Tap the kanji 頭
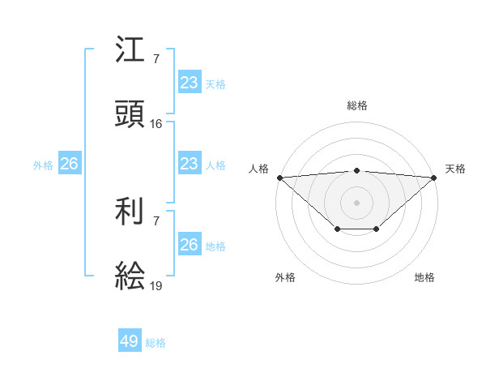pos(130,116)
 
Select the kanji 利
pos(130,213)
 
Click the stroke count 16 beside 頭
pos(156,124)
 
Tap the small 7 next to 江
pos(156,58)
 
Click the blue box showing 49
pos(130,341)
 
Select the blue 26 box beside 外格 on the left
pos(69,164)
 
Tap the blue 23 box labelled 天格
pos(189,82)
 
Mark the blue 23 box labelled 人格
pos(189,164)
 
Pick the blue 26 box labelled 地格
pos(189,245)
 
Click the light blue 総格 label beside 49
pos(156,343)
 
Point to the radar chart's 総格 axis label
pos(356,105)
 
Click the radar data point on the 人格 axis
pos(279,177)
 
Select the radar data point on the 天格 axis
pos(434,177)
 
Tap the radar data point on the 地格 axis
pos(377,229)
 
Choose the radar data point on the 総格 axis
pos(356,170)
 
